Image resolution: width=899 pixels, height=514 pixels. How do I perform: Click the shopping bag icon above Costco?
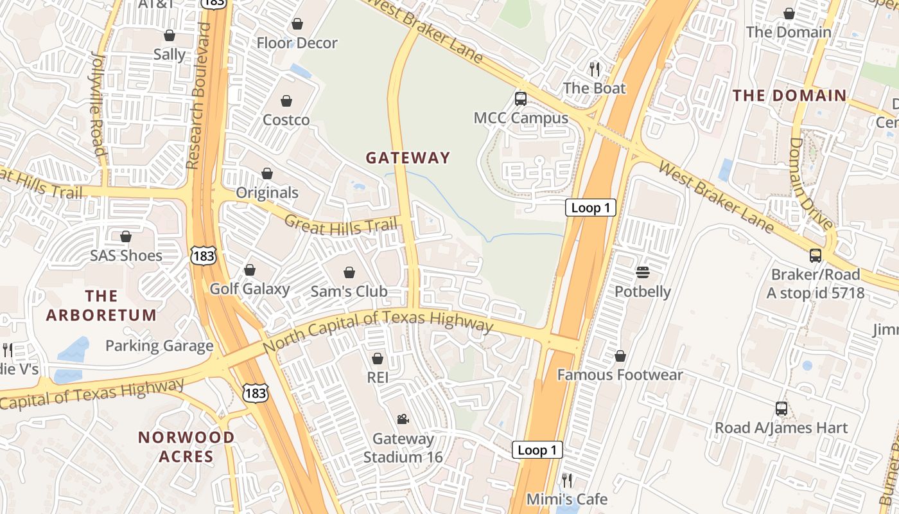(x=286, y=101)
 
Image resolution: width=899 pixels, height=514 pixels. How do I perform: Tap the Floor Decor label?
(x=297, y=43)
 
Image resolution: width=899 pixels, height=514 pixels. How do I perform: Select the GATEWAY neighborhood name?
(x=408, y=157)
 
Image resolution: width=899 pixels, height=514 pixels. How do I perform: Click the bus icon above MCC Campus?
(x=521, y=99)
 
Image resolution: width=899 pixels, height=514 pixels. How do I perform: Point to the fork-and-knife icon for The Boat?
(x=595, y=69)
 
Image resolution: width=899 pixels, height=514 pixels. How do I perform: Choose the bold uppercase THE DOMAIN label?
(x=790, y=96)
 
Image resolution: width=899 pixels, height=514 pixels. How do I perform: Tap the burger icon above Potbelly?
(x=643, y=272)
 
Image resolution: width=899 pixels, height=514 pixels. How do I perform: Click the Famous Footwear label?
(x=620, y=375)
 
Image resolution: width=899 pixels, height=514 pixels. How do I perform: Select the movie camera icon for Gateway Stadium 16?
(x=403, y=420)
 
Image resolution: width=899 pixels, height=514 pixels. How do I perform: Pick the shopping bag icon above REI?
(x=378, y=358)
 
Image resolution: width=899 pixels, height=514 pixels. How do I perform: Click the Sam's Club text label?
(x=349, y=291)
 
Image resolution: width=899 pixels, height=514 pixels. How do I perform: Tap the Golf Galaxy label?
(x=250, y=288)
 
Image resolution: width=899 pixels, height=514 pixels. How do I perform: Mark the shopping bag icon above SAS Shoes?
(x=126, y=236)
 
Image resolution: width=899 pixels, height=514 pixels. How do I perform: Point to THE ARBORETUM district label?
(x=101, y=305)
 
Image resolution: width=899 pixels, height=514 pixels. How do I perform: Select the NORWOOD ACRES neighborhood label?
(x=186, y=447)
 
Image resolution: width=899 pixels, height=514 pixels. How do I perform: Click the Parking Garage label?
(x=159, y=346)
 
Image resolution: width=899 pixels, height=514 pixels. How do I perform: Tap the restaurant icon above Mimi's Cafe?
(x=567, y=480)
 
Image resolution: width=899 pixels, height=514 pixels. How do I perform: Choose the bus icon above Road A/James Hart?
(x=781, y=409)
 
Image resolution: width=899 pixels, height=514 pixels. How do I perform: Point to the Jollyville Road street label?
(x=97, y=103)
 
